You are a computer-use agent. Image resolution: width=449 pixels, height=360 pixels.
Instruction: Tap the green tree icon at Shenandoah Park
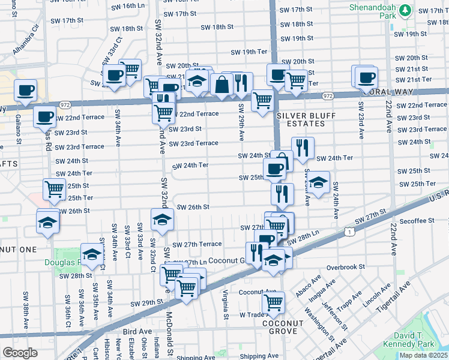pos(406,10)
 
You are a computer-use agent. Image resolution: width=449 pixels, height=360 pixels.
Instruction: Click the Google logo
pos(20,353)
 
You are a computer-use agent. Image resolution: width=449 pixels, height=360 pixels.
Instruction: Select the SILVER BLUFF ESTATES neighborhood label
pos(300,119)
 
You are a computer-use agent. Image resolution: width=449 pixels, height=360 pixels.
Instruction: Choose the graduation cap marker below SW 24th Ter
pos(319,181)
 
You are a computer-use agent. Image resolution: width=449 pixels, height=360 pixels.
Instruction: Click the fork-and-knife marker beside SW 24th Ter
pos(303,147)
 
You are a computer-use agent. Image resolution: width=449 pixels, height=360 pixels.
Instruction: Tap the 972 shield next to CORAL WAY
pos(327,96)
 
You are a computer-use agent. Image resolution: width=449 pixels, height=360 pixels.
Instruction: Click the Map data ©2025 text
pos(424,355)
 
